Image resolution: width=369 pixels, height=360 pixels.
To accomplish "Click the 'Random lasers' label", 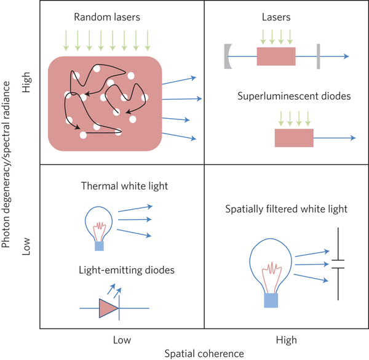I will (x=115, y=17).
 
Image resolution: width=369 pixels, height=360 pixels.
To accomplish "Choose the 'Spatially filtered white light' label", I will (x=287, y=209).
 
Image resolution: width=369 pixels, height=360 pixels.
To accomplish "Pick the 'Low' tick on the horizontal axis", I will (x=122, y=339).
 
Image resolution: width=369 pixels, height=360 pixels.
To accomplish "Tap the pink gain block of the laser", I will (x=276, y=57).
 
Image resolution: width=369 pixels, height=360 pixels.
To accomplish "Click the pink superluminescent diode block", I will (x=294, y=138).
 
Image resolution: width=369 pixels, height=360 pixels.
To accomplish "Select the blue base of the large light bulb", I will (x=271, y=300).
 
